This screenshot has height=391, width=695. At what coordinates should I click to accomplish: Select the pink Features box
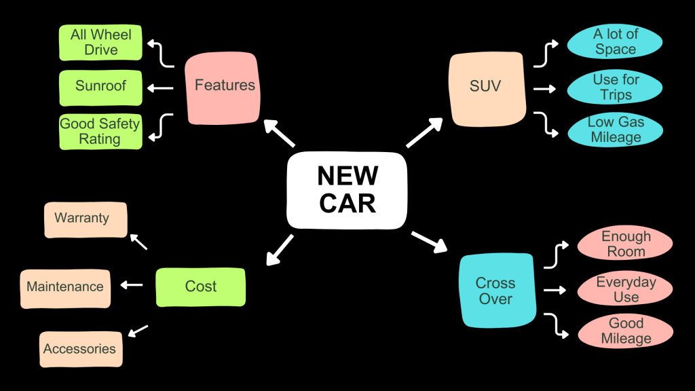[x=224, y=86]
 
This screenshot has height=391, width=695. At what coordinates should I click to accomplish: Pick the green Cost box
[x=200, y=286]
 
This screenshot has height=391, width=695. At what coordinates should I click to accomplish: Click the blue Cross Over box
[x=495, y=291]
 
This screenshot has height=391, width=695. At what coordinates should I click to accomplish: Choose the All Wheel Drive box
[x=100, y=42]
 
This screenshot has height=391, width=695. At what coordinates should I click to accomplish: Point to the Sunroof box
[x=100, y=87]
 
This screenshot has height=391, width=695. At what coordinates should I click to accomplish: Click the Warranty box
[x=86, y=219]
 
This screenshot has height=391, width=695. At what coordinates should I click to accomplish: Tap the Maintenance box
[x=65, y=287]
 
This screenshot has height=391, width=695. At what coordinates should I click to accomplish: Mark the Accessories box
[x=81, y=349]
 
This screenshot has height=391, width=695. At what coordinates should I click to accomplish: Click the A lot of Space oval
[x=615, y=41]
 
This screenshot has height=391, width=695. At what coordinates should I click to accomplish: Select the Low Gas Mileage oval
[x=615, y=130]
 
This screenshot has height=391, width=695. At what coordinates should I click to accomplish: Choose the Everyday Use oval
[x=625, y=290]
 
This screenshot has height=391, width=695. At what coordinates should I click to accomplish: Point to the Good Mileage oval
[x=625, y=331]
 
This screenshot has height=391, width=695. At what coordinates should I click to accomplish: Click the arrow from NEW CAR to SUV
[x=424, y=133]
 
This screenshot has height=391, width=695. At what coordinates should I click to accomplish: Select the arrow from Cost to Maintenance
[x=132, y=285]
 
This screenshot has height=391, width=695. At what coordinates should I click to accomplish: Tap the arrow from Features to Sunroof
[x=160, y=88]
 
